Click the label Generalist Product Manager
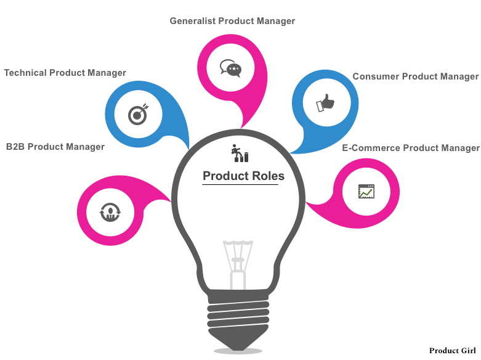(x=232, y=21)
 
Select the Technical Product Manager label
(x=65, y=73)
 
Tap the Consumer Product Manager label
(x=415, y=76)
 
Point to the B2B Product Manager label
(x=55, y=147)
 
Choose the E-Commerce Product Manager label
(x=410, y=148)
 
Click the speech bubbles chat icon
(x=230, y=68)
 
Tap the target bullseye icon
(x=136, y=114)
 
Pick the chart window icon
(x=366, y=191)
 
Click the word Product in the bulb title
(x=225, y=176)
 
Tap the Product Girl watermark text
(x=452, y=350)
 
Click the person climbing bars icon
(x=240, y=153)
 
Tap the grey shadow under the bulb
(x=238, y=351)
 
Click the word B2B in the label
(x=15, y=147)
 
